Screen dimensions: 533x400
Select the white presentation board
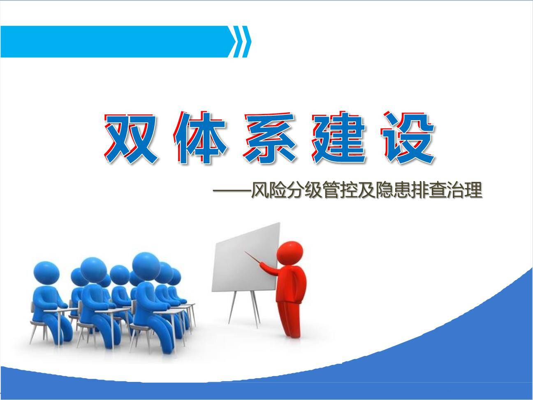tap(245, 258)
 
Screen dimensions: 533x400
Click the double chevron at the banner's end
tap(241, 42)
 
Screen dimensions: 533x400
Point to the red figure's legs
tap(290, 319)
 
